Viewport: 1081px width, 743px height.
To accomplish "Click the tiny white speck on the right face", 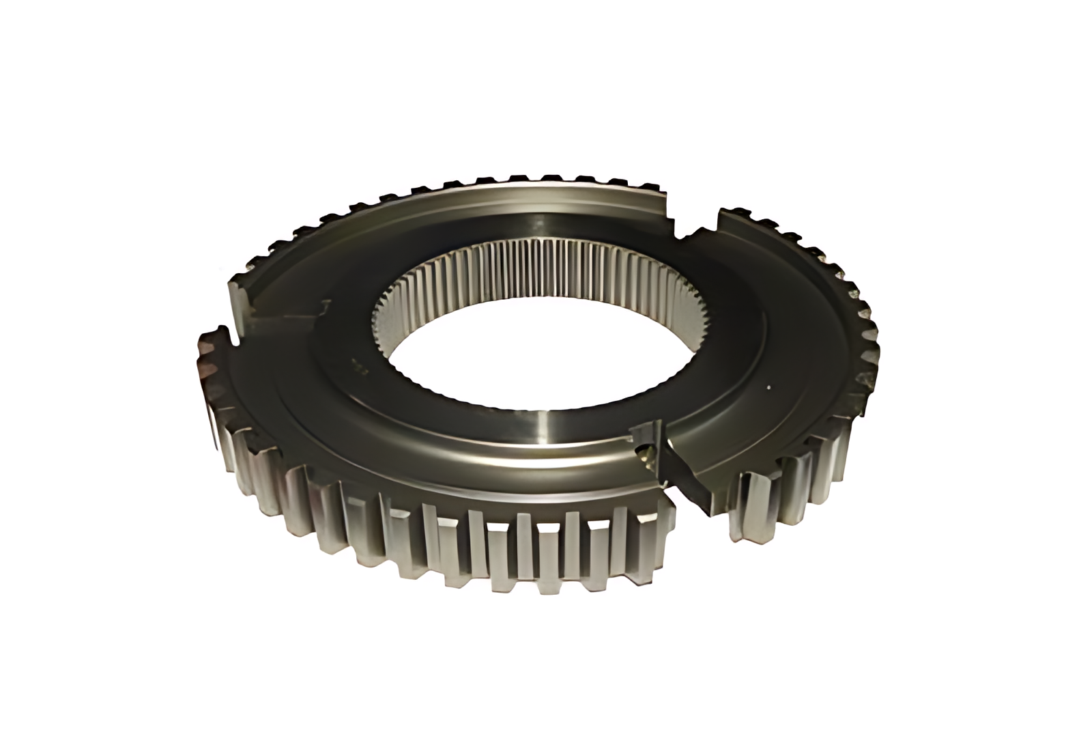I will tap(769, 388).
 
